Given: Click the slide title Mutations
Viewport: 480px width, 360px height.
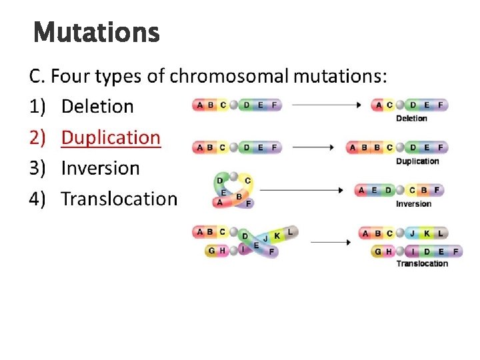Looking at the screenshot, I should click(96, 32).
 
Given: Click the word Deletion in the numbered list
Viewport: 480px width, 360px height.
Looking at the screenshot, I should click(97, 106).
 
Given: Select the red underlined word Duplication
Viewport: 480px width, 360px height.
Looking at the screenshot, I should click(111, 137).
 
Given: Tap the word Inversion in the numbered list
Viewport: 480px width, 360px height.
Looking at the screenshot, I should click(100, 168).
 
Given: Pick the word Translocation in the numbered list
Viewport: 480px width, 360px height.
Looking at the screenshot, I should click(119, 199).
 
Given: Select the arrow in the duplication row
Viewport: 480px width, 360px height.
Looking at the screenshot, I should click(313, 147).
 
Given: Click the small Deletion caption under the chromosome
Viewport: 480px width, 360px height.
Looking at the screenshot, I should click(411, 119).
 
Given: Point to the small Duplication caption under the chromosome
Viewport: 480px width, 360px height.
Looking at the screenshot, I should click(417, 161).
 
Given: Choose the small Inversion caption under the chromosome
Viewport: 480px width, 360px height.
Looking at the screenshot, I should click(413, 204).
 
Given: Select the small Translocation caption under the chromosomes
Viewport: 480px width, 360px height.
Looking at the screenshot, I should click(423, 263).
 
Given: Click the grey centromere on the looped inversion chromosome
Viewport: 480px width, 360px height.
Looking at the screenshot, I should click(234, 177).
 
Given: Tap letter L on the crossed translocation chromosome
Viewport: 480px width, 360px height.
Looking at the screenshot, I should click(290, 232).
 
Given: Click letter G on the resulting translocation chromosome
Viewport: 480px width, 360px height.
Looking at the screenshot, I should click(378, 251).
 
